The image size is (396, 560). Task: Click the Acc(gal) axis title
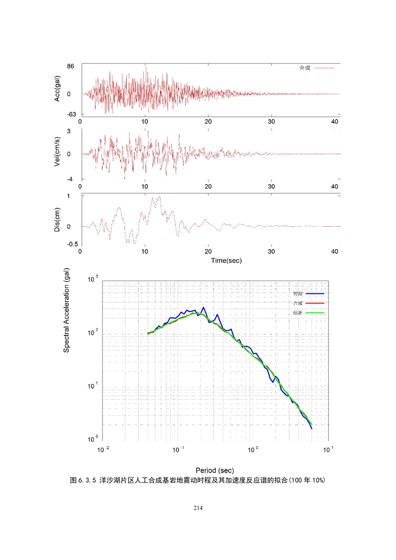58,88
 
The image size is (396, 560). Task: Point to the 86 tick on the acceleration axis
71,66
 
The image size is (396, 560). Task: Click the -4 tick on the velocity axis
72,179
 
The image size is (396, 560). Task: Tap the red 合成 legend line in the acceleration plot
324,68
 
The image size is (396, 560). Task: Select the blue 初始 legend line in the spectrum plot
315,294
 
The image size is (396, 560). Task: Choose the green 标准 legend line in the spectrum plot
315,313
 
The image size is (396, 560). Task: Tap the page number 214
198,508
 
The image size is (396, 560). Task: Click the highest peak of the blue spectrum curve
203,308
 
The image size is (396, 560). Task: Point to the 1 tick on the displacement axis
75,196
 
